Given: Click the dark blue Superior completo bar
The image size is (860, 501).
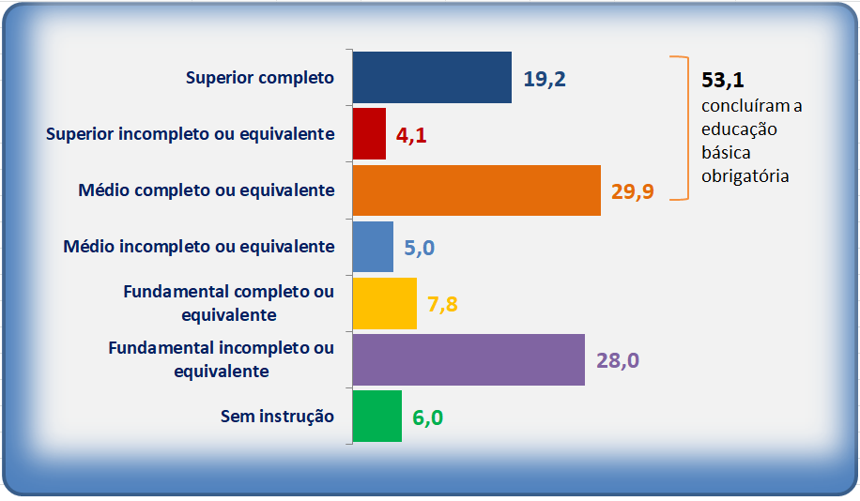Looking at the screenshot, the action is [432, 77].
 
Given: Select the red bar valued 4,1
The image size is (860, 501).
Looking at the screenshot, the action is [369, 134].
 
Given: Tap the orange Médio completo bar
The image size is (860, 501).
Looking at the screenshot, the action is [477, 190].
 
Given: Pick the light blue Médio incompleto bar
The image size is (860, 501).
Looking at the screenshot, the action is [373, 247].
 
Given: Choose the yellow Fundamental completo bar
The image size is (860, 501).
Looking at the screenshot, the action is [385, 303].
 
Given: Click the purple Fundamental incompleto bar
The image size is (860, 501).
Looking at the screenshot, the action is [468, 359].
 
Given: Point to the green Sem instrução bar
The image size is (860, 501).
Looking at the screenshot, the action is [377, 416].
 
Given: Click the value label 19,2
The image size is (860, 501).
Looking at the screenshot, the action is [545, 79].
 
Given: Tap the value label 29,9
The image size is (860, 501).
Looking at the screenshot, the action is [633, 191].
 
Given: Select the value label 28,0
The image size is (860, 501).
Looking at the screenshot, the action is [618, 360].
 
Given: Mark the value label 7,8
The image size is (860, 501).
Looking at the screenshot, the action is [442, 304].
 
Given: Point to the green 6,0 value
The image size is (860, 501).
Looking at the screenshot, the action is [428, 417].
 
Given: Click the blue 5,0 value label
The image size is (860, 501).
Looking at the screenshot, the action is [420, 248].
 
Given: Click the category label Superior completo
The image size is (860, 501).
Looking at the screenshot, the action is [260, 78].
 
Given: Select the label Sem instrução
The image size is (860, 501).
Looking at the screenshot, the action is [278, 416].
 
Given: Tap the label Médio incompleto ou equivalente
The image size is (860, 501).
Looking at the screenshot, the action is [199, 247].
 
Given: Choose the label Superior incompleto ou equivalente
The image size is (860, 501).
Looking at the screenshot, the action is [191, 134].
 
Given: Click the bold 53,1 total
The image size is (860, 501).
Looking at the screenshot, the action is [723, 80].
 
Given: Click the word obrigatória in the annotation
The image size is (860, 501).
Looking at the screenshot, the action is [745, 176].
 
